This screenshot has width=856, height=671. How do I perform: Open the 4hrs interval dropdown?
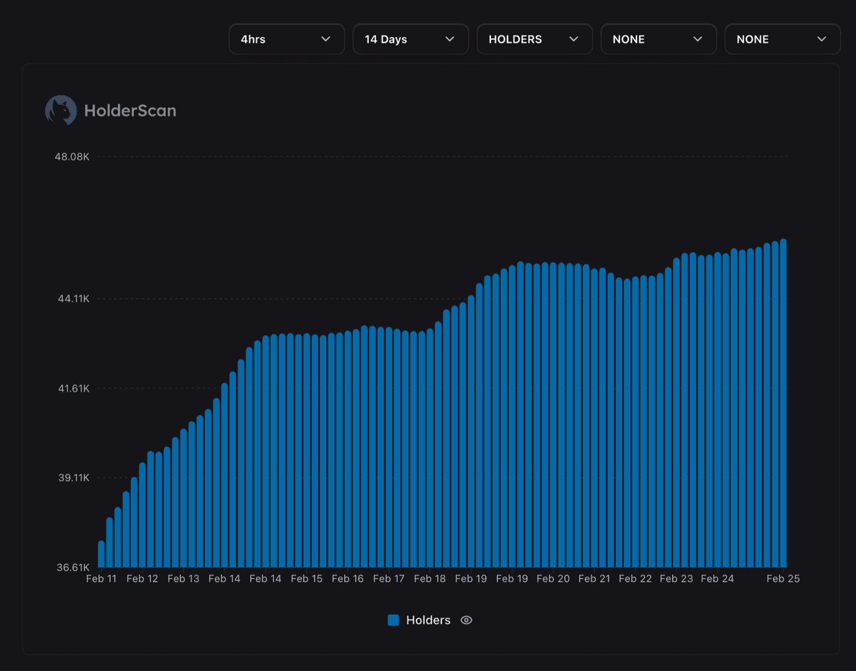coord(286,39)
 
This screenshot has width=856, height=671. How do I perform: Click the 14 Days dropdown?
coord(410,39)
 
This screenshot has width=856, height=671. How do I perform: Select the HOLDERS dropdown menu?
coord(534,39)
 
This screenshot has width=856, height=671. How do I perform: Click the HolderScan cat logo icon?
coord(61,111)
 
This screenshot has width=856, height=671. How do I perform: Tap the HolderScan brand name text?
coord(130,111)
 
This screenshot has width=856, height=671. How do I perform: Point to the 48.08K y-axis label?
coord(72,157)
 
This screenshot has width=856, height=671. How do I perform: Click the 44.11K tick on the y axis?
coord(73,298)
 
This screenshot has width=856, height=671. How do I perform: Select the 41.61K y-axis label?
coord(73,388)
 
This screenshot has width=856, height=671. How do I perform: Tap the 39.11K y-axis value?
coord(73,478)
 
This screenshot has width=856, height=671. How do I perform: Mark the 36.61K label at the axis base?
coord(73,567)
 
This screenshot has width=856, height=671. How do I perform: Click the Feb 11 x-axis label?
coord(101,579)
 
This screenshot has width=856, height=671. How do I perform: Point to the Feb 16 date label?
coord(347,579)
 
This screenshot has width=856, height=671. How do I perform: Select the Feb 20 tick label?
coord(553,579)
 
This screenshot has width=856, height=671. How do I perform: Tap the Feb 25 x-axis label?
coord(783,579)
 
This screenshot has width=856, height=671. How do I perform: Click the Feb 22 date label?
coord(635,579)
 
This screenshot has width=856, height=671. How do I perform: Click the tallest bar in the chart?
coord(783,404)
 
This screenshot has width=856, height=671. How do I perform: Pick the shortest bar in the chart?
coord(101,554)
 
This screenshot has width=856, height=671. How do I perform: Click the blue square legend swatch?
coord(393,620)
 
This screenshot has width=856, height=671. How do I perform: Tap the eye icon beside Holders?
coord(467,620)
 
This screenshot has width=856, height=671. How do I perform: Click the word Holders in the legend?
coord(428,620)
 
